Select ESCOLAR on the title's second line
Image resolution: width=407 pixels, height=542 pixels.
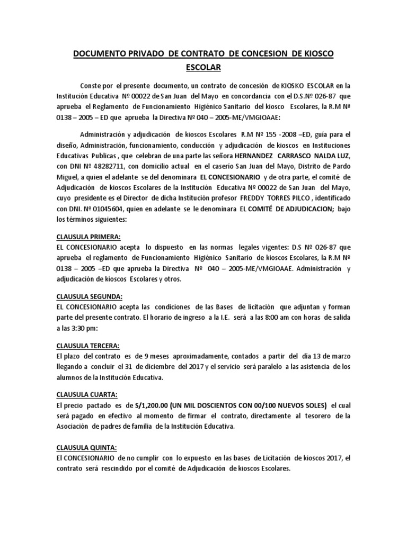[204, 68]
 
